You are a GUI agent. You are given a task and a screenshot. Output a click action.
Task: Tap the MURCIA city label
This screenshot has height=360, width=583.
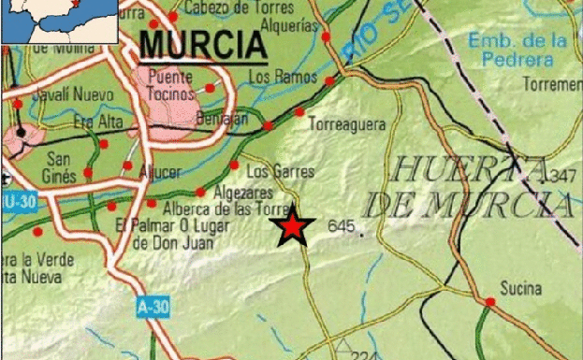point(201,44)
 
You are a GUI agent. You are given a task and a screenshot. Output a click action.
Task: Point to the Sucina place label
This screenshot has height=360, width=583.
point(521,288)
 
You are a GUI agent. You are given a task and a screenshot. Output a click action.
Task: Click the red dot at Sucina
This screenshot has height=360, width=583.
point(489,301)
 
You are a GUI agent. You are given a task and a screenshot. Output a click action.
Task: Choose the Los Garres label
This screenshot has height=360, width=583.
point(280,172)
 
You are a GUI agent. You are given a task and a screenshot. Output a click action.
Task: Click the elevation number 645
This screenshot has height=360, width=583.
point(342,226)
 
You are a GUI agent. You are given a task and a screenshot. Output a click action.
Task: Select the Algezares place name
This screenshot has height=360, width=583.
point(242,191)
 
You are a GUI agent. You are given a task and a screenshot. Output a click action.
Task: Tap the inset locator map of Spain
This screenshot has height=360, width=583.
point(59,22)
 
